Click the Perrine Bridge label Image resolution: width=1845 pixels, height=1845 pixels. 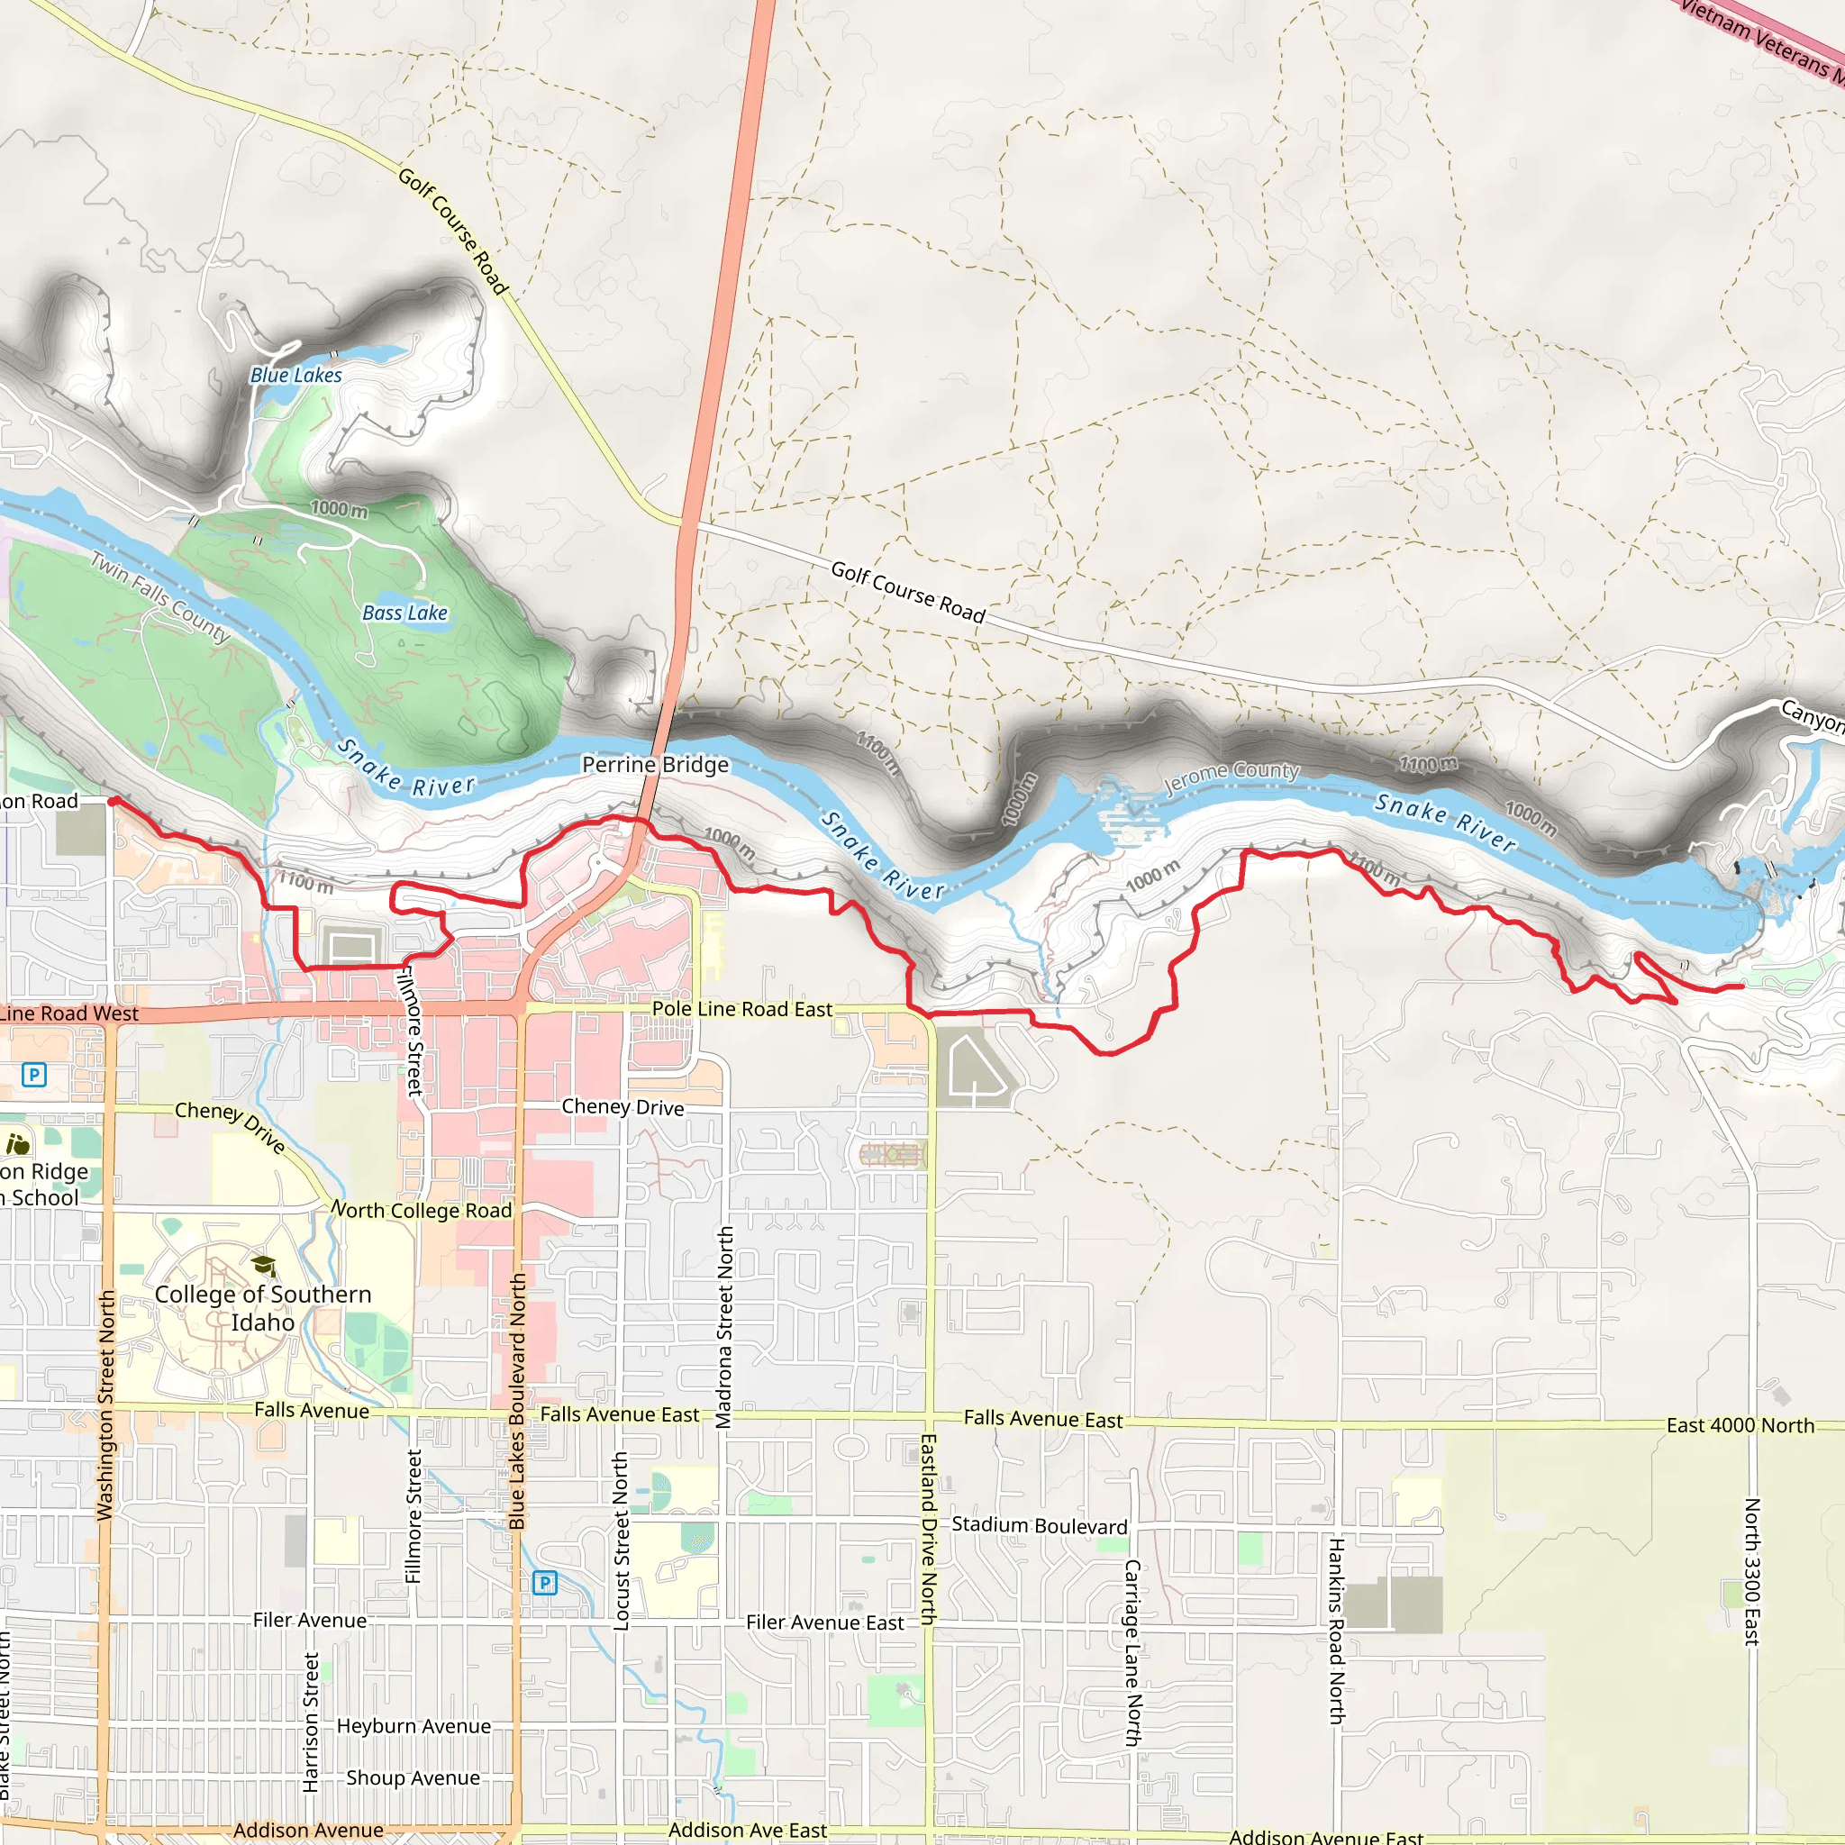655,765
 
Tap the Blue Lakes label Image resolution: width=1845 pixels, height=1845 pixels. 296,376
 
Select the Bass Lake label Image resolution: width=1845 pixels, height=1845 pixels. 404,613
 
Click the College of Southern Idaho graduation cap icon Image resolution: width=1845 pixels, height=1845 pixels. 264,1267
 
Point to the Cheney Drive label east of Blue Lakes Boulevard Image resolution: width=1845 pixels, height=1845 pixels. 623,1107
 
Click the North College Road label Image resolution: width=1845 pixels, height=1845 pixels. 423,1210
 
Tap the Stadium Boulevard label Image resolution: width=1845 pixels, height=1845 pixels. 1039,1525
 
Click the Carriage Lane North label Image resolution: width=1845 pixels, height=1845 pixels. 1132,1653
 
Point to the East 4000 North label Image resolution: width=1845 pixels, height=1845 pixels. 1740,1425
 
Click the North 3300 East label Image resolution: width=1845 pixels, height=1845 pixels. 1752,1572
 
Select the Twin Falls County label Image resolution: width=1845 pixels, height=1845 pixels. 160,597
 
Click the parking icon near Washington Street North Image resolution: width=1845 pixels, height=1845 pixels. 34,1076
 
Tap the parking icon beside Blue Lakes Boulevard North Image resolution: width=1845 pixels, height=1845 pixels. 544,1582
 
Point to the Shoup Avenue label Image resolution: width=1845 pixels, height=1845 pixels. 413,1777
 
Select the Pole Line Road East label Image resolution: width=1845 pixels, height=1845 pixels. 742,1009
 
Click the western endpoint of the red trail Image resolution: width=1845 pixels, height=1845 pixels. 112,801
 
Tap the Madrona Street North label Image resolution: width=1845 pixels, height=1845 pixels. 726,1327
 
